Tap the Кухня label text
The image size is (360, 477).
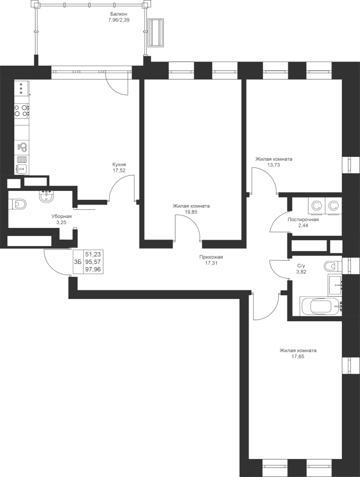[119, 165]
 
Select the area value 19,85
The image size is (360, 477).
[191, 212]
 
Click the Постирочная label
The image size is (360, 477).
[303, 219]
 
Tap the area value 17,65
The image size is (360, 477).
[298, 357]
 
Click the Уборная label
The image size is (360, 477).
[62, 216]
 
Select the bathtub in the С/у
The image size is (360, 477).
[321, 307]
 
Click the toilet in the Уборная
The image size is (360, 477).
[18, 204]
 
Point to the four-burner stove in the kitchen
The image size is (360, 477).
[22, 111]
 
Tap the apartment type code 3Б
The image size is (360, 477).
[77, 262]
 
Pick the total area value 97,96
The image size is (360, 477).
[94, 269]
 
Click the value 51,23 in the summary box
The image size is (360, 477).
[94, 254]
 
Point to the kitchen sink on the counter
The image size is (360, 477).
[22, 168]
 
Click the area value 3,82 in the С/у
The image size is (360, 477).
[301, 272]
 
